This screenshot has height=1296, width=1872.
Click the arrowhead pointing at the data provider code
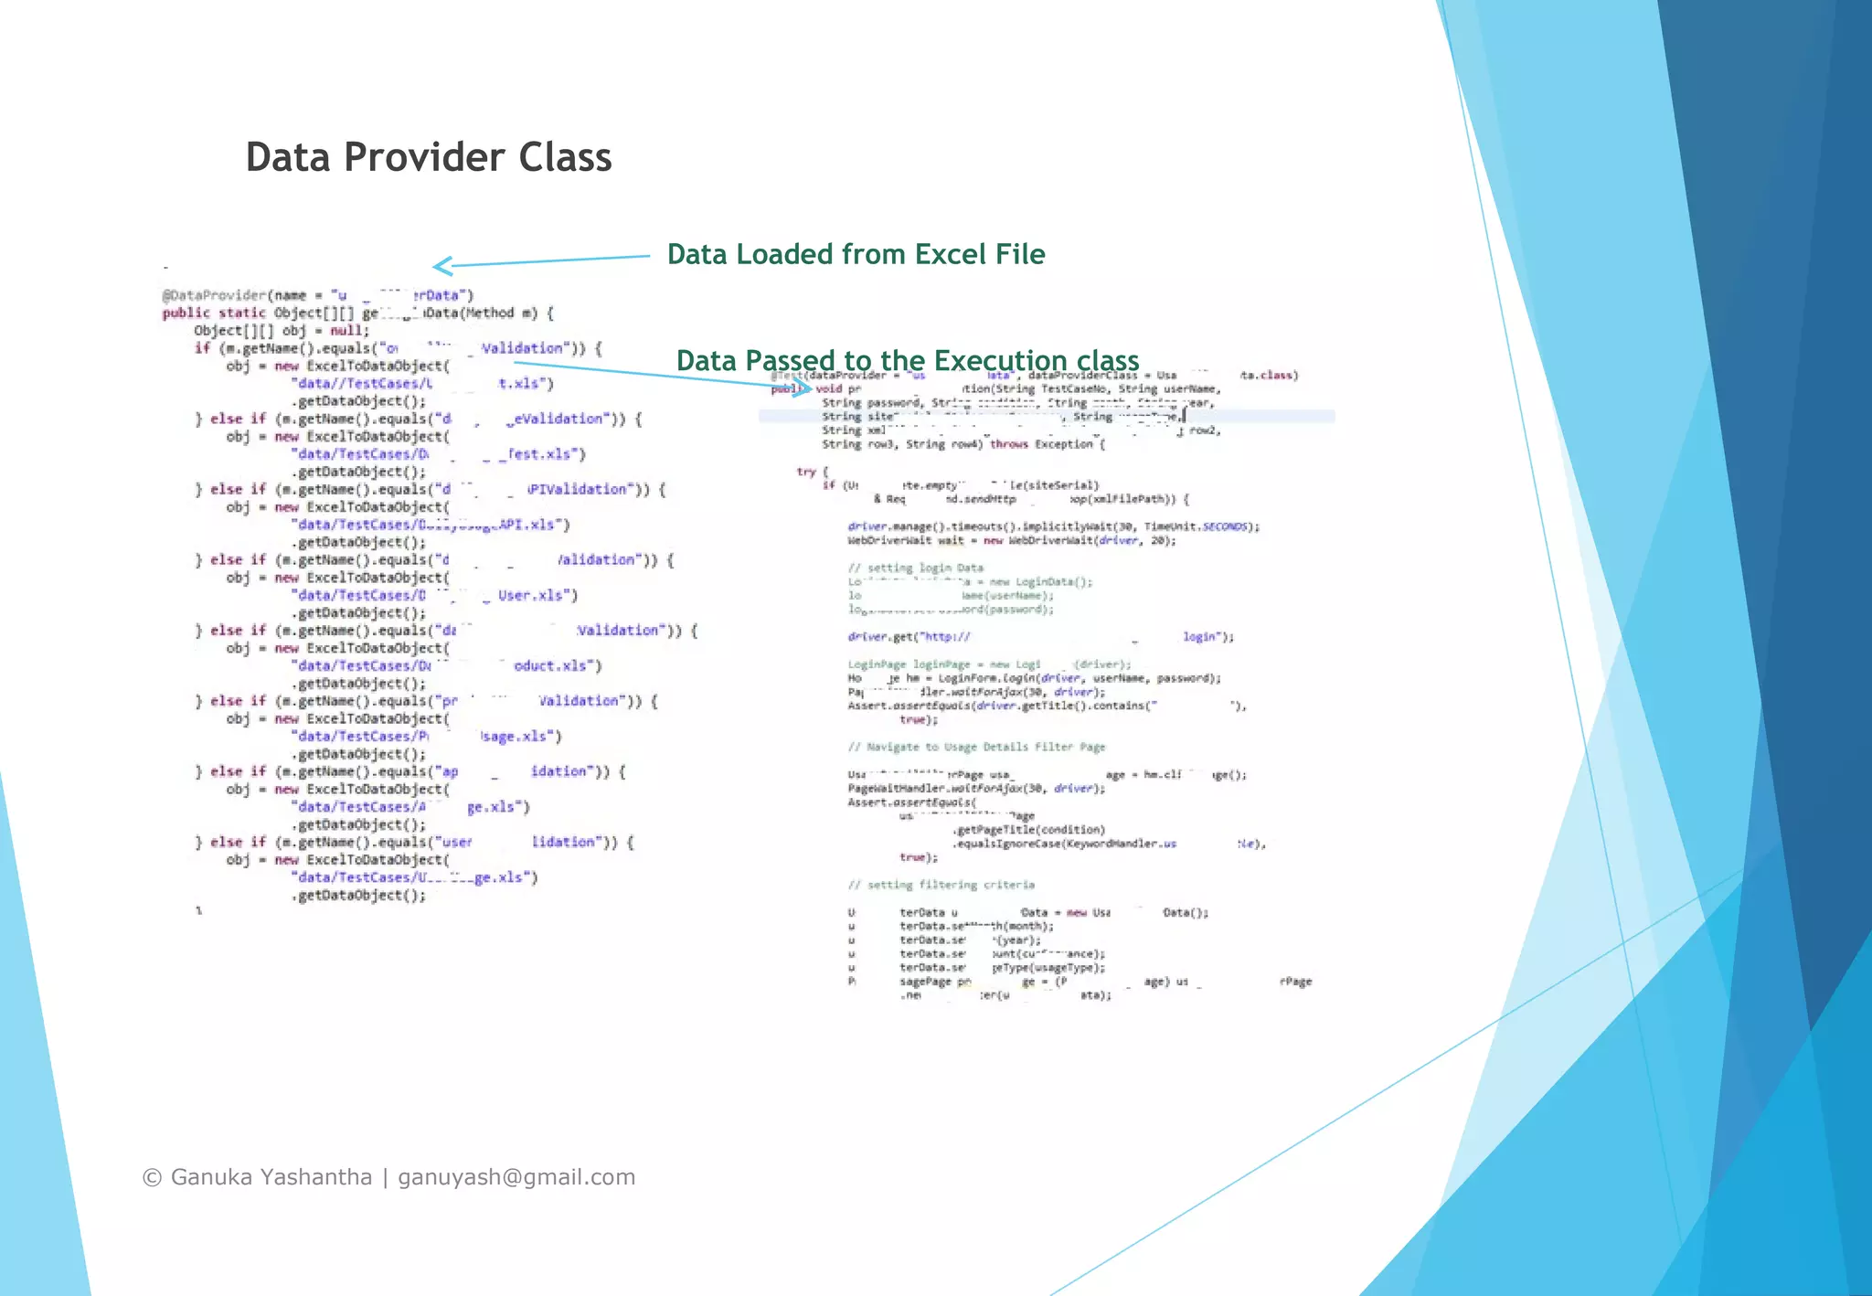tap(441, 266)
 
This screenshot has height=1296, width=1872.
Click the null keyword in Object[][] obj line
tap(346, 331)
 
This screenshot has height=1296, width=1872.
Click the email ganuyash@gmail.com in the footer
tap(516, 1177)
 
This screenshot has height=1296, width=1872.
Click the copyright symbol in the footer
tap(152, 1178)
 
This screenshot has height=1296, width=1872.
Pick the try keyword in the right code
tap(805, 472)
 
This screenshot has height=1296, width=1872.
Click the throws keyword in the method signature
tap(1008, 444)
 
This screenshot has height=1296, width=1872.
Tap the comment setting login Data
tap(915, 568)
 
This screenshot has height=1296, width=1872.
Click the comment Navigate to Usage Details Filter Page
tap(976, 747)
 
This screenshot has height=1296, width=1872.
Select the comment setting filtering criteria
tap(941, 885)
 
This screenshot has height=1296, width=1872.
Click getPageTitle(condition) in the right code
tap(1029, 830)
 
